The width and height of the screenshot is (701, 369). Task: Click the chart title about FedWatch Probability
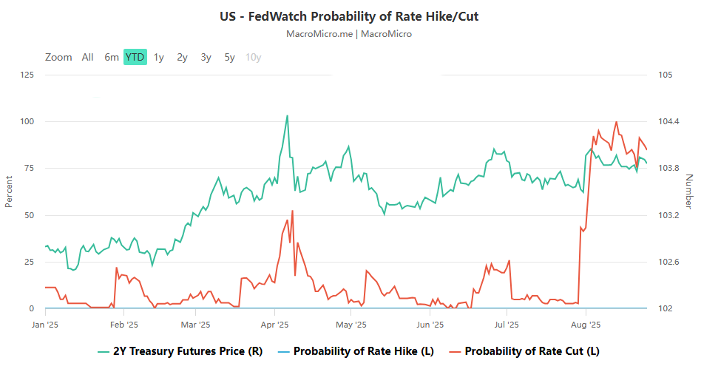pyautogui.click(x=349, y=16)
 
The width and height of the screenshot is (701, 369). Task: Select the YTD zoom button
pyautogui.click(x=135, y=57)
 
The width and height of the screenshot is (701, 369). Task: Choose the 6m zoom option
pyautogui.click(x=111, y=57)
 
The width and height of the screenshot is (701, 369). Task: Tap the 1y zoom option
pyautogui.click(x=158, y=57)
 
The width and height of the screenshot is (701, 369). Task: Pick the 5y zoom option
pyautogui.click(x=229, y=57)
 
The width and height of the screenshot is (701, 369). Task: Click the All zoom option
pyautogui.click(x=87, y=57)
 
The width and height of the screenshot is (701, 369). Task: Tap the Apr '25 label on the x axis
pyautogui.click(x=274, y=324)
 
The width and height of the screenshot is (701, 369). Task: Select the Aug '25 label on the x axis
pyautogui.click(x=584, y=324)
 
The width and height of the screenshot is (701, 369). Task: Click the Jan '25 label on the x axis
pyautogui.click(x=45, y=324)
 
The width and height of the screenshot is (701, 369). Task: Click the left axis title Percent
pyautogui.click(x=9, y=192)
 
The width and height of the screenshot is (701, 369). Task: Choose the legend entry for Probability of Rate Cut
pyautogui.click(x=524, y=351)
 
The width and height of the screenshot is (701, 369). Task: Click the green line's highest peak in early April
pyautogui.click(x=287, y=115)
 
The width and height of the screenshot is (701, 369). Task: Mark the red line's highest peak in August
pyautogui.click(x=617, y=122)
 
